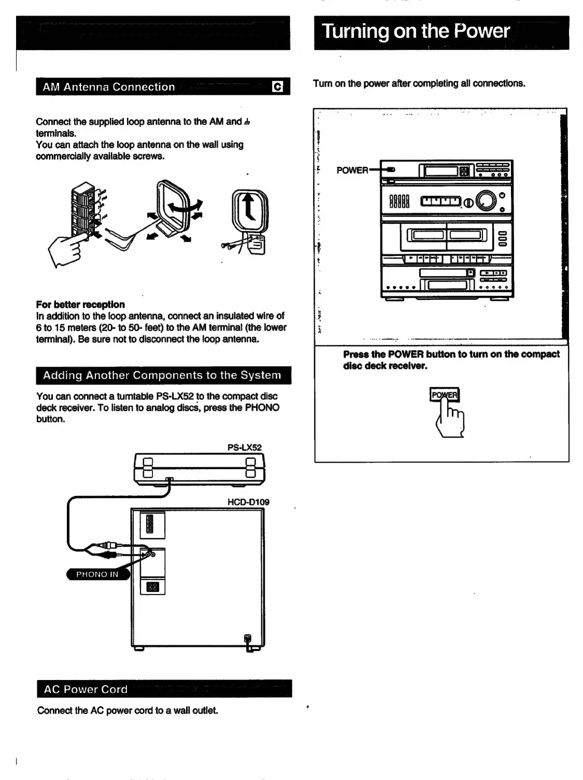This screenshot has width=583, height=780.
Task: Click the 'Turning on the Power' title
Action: click(x=416, y=31)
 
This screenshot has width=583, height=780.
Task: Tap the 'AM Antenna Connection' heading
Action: click(x=109, y=87)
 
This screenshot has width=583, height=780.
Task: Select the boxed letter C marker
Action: click(x=278, y=87)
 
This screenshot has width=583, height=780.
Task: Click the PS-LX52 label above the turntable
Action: click(x=245, y=447)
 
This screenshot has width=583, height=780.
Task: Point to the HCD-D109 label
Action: click(x=248, y=502)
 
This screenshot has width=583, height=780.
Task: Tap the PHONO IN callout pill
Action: click(x=97, y=574)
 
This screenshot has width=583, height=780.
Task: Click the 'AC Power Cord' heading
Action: click(x=86, y=689)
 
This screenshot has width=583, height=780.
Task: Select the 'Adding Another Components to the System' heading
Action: click(x=162, y=375)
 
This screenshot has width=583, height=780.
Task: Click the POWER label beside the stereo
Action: click(x=352, y=170)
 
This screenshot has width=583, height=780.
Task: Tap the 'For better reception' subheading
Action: click(x=80, y=304)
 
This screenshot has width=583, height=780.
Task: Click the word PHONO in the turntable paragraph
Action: click(x=262, y=408)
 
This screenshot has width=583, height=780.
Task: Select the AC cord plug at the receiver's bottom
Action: click(x=248, y=641)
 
